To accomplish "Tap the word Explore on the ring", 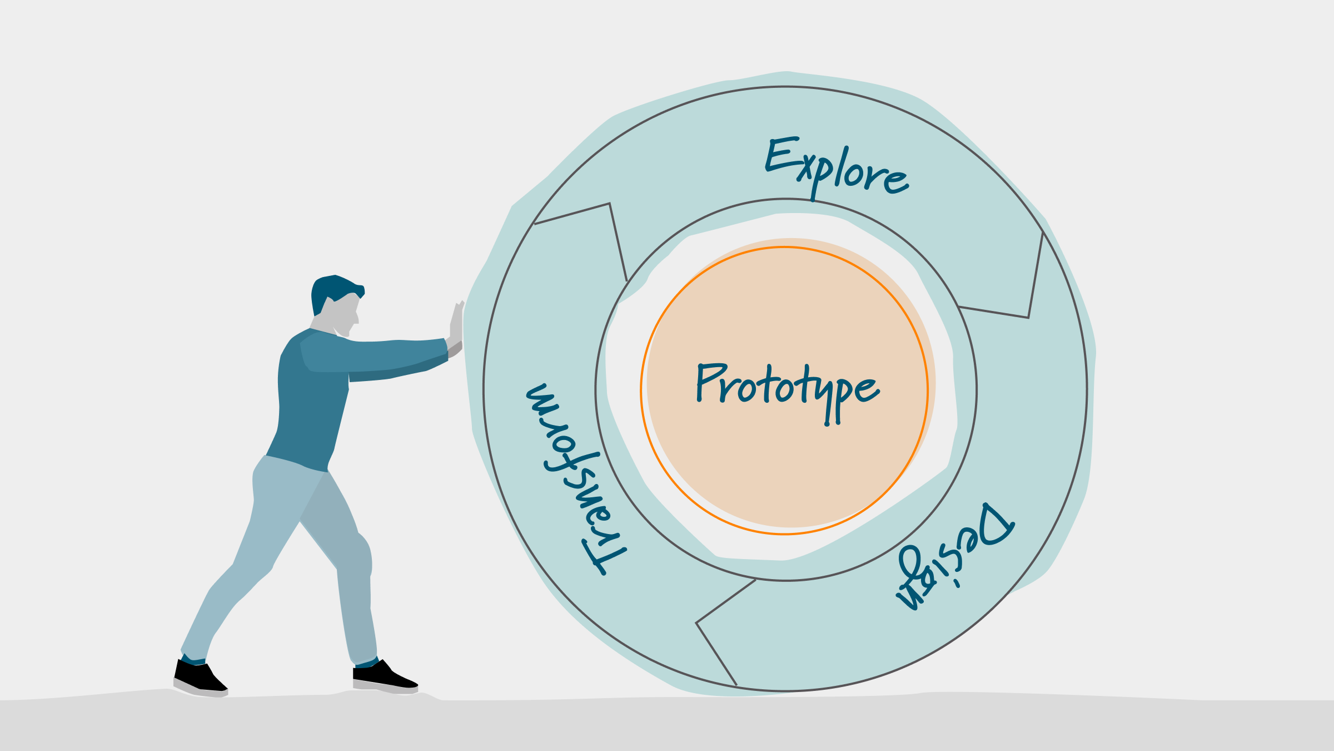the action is (x=837, y=167).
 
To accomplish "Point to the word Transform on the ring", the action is (x=573, y=478).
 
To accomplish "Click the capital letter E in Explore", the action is (x=781, y=154).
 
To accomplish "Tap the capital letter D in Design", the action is (x=995, y=526).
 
